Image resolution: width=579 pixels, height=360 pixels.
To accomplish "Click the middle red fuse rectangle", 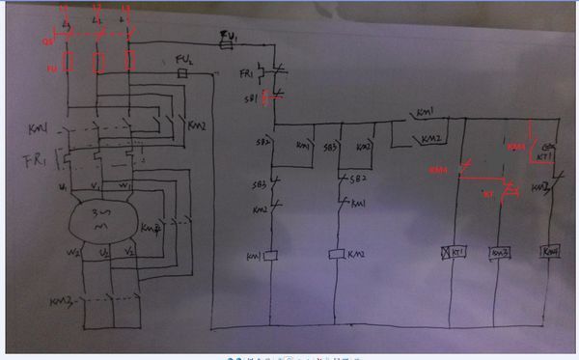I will (x=98, y=65).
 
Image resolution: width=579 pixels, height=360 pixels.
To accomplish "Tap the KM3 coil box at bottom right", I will (x=499, y=253).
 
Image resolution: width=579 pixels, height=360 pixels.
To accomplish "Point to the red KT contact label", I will (x=486, y=194).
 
